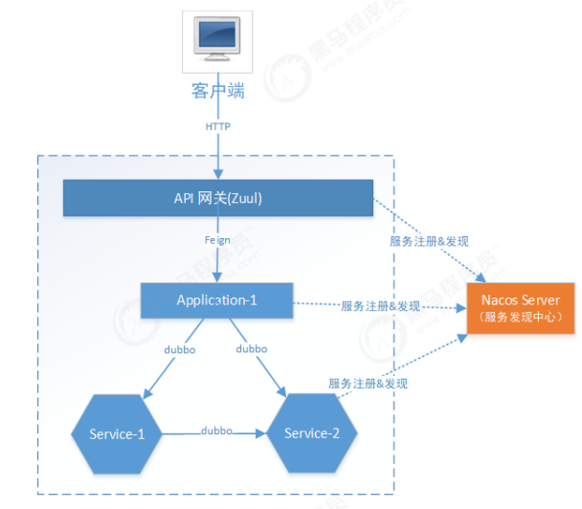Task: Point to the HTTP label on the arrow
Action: pyautogui.click(x=217, y=126)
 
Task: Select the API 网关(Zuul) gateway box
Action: pyautogui.click(x=217, y=198)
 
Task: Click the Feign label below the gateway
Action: pyautogui.click(x=217, y=242)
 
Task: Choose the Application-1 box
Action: pyautogui.click(x=216, y=300)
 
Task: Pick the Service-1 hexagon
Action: pyautogui.click(x=117, y=434)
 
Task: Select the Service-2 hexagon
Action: pyautogui.click(x=312, y=433)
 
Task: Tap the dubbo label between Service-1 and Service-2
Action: pyautogui.click(x=216, y=431)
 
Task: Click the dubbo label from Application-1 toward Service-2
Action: pyautogui.click(x=251, y=350)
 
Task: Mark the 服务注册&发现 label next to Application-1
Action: pyautogui.click(x=381, y=306)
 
